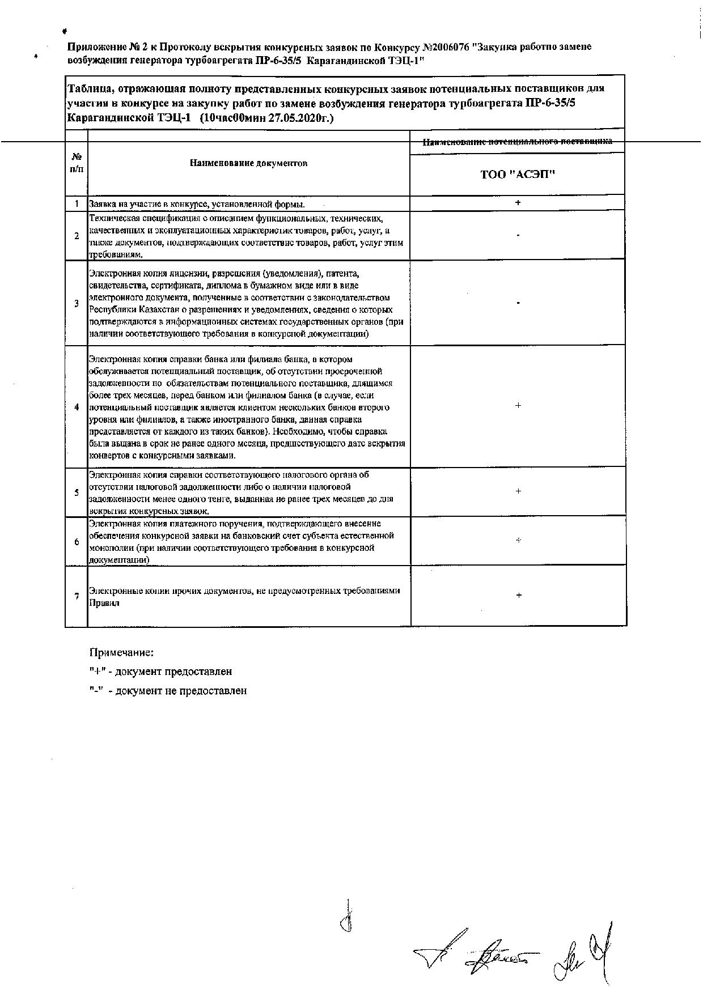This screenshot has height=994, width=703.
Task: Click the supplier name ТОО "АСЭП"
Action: (x=518, y=175)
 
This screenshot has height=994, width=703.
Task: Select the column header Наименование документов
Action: (x=249, y=163)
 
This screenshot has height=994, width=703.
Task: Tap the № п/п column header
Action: (x=77, y=163)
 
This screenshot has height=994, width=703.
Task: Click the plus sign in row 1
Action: (x=518, y=202)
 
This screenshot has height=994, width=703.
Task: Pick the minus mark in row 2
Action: (x=518, y=235)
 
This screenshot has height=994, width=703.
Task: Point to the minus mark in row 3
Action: (x=518, y=303)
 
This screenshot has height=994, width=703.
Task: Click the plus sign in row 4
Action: (x=518, y=406)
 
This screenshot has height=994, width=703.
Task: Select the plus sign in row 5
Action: (x=518, y=491)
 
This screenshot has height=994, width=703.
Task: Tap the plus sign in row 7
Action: (x=518, y=595)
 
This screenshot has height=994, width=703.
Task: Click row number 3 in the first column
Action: (x=77, y=303)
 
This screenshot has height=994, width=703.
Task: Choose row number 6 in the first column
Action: (x=77, y=542)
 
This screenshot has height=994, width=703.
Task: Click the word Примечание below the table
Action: (x=122, y=652)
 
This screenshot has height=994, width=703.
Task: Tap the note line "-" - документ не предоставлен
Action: (x=168, y=691)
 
